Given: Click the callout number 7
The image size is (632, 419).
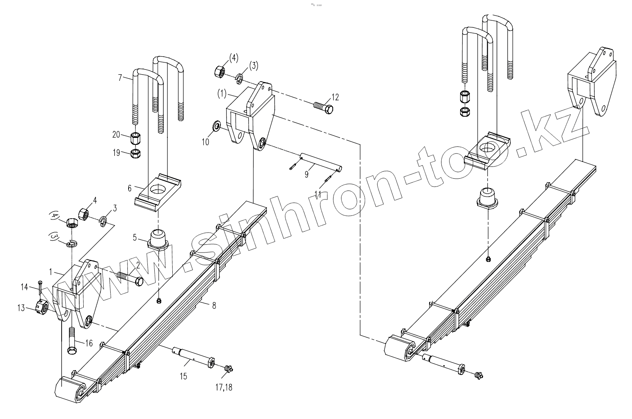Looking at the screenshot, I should [120, 77].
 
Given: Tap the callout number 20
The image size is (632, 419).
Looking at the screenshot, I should [116, 135].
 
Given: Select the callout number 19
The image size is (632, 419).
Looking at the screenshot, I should [116, 153].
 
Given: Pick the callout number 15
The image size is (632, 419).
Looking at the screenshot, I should [183, 376].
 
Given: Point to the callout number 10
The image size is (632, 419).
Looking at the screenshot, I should [205, 142].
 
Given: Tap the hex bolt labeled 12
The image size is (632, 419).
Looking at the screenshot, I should [323, 108].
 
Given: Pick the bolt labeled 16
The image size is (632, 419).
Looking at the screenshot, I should [71, 341].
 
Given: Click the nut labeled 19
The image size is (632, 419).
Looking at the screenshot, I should [136, 153].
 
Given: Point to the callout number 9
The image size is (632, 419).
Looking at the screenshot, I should [307, 174].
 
